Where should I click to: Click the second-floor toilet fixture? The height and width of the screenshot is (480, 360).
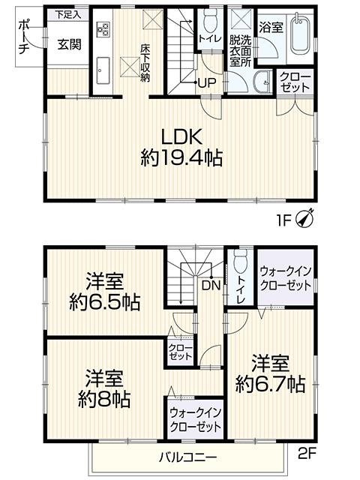pyautogui.click(x=239, y=264)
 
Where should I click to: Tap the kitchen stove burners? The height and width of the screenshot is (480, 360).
pyautogui.click(x=103, y=30)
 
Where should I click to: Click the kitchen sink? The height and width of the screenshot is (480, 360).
pyautogui.click(x=103, y=69)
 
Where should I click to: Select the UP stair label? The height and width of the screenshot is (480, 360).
pyautogui.click(x=208, y=82)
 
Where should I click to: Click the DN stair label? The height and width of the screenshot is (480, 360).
pyautogui.click(x=210, y=285)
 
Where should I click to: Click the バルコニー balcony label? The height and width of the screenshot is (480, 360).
pyautogui.click(x=187, y=457)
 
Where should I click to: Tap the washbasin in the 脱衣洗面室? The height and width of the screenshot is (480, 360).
pyautogui.click(x=262, y=83)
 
